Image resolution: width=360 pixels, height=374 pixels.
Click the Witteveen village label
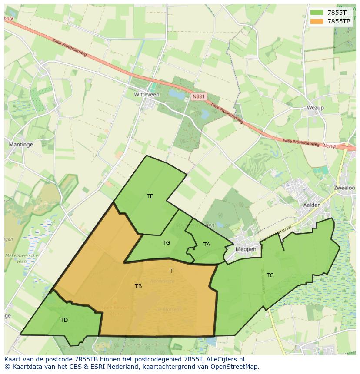coord(147,94)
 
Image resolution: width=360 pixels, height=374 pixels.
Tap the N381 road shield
coord(199,96)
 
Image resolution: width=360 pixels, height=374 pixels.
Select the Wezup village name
coord(315,108)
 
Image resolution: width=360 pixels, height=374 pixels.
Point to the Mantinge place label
coord(21,144)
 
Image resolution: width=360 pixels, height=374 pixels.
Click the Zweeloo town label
coord(344,188)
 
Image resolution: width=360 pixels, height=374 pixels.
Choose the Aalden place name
coord(312,205)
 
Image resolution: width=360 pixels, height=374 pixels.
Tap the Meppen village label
coord(246,249)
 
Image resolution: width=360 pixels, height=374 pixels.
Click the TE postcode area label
coord(150,196)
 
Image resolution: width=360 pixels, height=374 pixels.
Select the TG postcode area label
coord(166,243)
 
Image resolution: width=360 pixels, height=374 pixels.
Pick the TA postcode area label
coord(207,245)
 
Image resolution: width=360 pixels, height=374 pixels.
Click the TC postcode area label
coord(270,275)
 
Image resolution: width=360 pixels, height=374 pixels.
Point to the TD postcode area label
coord(64,320)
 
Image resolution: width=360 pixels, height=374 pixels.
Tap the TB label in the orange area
coord(138,286)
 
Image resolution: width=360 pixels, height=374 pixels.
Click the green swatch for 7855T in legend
coord(316,12)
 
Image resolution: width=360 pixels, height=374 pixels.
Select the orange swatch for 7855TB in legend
coord(316,21)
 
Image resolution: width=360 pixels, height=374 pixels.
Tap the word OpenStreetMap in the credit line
coord(237,367)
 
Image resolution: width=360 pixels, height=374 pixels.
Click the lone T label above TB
coord(171,271)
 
